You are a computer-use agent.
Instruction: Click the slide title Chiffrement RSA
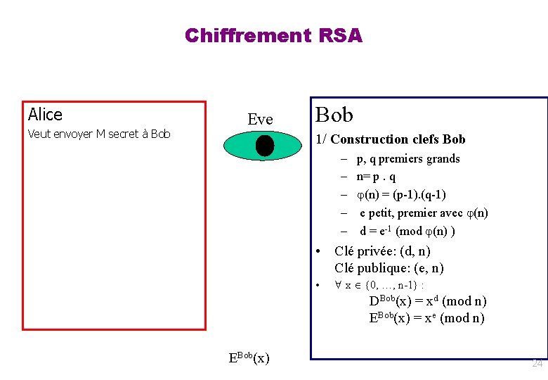pos(273,35)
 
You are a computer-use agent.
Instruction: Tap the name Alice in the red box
pos(45,115)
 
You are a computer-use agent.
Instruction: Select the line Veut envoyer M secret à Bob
pos(99,134)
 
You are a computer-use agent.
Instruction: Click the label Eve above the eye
pos(260,120)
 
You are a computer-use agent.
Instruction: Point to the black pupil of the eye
pos(264,146)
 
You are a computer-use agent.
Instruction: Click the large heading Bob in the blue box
pos(334,115)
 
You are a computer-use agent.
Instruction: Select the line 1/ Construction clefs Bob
pos(391,139)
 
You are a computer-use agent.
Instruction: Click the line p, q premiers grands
pos(408,159)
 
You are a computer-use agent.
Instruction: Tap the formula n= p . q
pos(376,177)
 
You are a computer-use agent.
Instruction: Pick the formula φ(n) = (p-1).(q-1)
pos(401,195)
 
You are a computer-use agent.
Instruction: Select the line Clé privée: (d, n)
pos(382,251)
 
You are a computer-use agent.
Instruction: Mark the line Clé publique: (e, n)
pos(389,268)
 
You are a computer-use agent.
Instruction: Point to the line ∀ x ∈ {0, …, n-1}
pos(379,285)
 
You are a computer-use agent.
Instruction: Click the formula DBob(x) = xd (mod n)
pos(428,301)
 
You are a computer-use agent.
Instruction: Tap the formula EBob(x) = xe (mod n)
pos(426,317)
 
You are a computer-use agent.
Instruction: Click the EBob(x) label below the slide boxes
pos(249,357)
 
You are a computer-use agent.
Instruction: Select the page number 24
pos(537,364)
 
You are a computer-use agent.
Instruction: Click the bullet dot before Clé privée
pos(318,251)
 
